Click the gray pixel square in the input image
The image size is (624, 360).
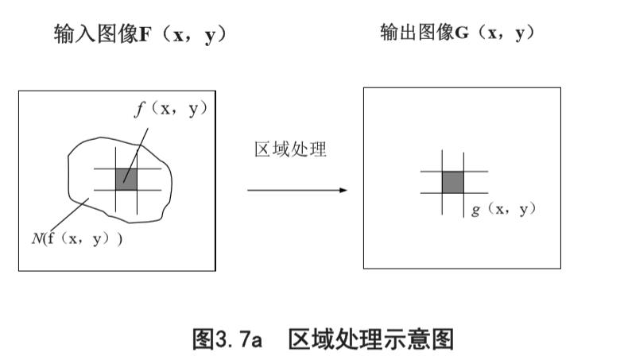point(126,179)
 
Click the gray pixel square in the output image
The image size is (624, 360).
point(452,182)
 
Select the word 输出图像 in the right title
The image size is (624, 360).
point(417,33)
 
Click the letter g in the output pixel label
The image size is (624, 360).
point(475,211)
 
